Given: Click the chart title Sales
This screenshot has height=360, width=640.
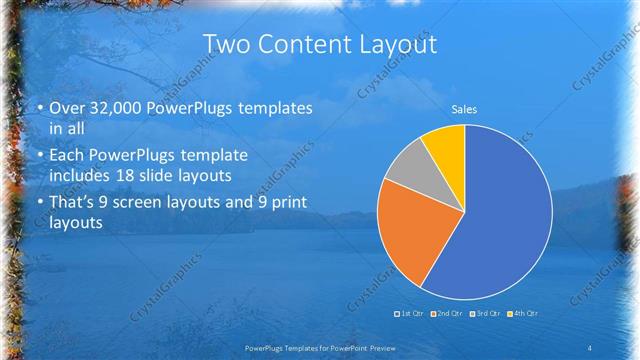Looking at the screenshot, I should [464, 107].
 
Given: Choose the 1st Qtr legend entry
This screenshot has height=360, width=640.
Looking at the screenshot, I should [410, 314].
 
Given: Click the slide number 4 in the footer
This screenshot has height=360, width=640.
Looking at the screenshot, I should [590, 347].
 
